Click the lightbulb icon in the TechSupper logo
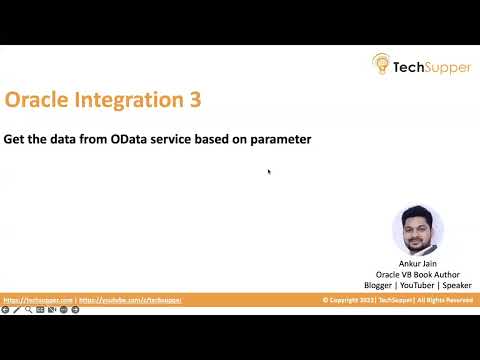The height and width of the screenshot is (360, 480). click(381, 64)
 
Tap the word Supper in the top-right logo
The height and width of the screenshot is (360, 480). click(445, 66)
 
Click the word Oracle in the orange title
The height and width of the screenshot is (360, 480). click(38, 100)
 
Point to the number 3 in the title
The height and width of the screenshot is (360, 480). click(194, 100)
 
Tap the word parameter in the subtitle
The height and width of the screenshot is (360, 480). click(278, 139)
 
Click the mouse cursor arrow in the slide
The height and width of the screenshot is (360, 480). click(269, 171)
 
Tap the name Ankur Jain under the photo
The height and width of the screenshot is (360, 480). click(418, 264)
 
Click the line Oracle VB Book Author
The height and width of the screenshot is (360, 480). click(418, 274)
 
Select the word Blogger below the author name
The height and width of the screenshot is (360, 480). click(380, 285)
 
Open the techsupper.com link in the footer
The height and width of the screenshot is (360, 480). click(38, 300)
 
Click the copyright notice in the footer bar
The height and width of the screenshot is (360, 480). click(398, 300)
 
